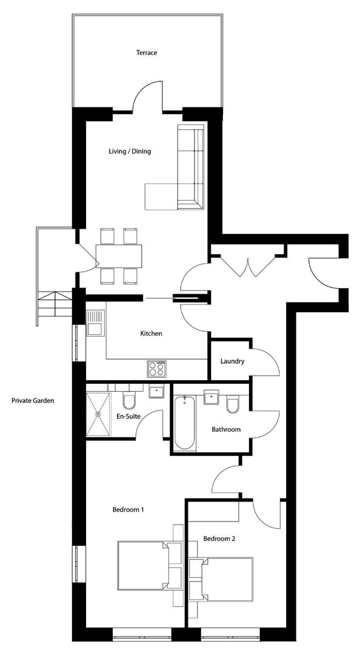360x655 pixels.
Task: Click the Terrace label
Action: pos(146,53)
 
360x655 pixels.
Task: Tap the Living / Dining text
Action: pos(130,151)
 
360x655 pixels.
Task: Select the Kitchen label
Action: pos(151,333)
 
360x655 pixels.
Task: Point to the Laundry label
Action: pos(232,361)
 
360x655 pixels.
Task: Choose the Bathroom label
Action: pos(225,429)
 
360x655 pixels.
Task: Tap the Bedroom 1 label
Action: pos(128,509)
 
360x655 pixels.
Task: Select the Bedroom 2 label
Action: pos(219,539)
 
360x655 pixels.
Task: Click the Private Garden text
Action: pos(33,400)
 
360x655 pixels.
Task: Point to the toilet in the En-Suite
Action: pos(128,400)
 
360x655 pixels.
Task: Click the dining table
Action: pos(119,255)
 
